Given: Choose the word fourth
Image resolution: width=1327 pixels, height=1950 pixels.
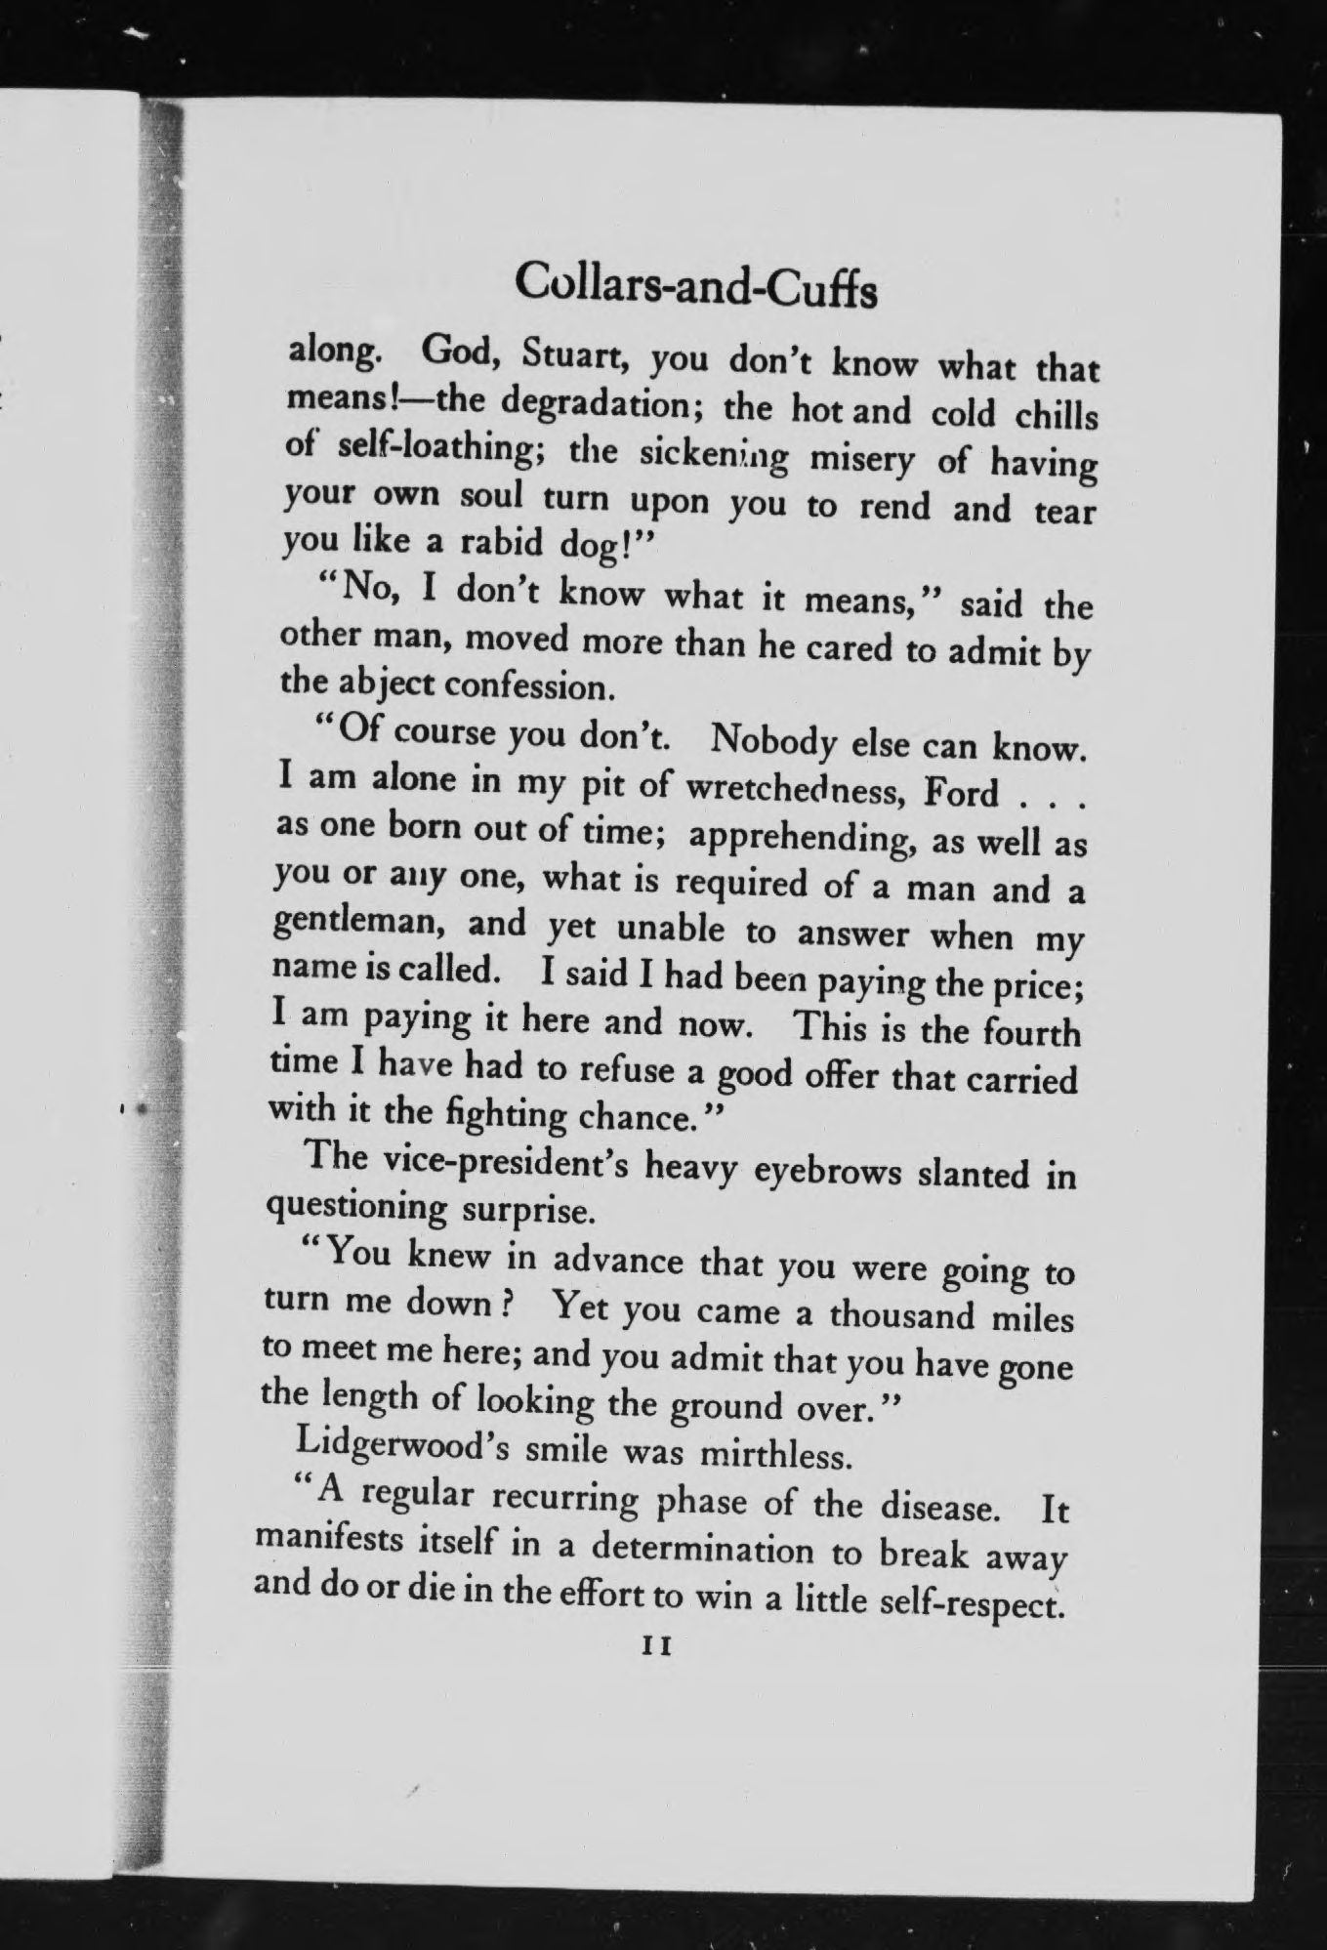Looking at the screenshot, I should (x=1031, y=1032).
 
